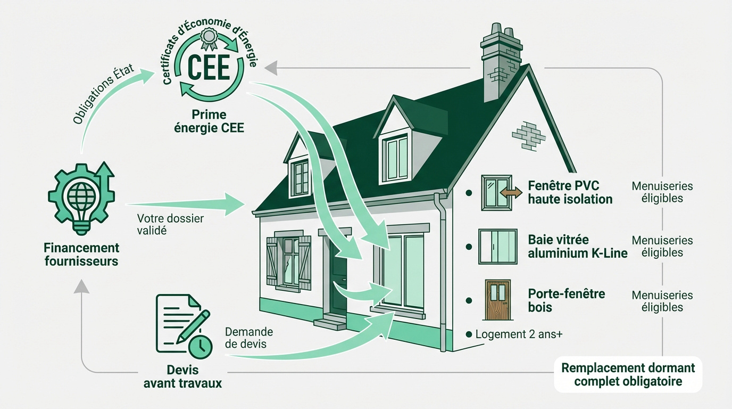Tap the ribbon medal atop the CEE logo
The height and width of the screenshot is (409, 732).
coord(209,39)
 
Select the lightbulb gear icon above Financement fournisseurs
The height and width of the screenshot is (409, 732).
coord(81,198)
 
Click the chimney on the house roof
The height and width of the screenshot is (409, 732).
coord(501,62)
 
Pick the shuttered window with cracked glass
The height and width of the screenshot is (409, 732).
coord(289,263)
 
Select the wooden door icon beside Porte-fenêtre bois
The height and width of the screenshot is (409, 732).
coord(497,299)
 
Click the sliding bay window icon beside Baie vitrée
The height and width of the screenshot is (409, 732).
coord(498,247)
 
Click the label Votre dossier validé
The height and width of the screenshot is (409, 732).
coord(170,224)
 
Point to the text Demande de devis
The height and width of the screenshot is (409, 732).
coord(249,338)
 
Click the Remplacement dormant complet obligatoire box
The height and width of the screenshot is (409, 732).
coord(628,374)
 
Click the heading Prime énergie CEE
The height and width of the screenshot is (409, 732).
coord(209,121)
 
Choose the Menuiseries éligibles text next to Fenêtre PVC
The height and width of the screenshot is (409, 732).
coord(662,192)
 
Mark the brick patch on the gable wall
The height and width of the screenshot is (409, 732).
coord(528,136)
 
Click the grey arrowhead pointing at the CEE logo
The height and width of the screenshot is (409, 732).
coord(271,68)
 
